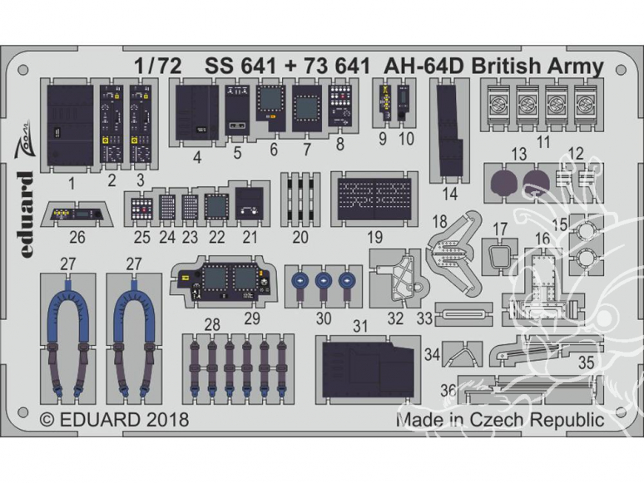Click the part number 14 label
450,193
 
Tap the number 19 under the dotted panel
374,237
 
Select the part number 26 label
77,237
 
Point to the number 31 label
360,326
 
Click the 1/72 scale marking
158,67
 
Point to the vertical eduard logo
26,214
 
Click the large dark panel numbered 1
70,126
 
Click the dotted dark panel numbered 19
374,199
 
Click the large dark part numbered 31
367,370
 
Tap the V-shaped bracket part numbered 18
453,254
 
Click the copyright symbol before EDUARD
47,420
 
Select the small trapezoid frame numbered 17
499,258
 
